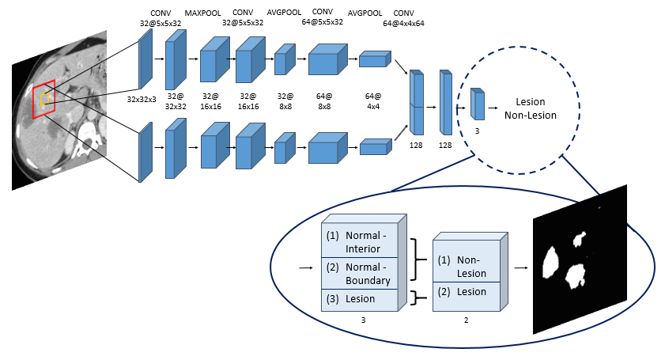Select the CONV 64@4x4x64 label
coord(403,17)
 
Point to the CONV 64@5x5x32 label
coord(322,17)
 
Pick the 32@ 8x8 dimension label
coord(284,100)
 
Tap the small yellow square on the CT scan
coord(45,99)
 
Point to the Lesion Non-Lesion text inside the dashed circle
coord(531,108)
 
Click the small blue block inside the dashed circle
coord(478,104)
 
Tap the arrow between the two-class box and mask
coord(520,268)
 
